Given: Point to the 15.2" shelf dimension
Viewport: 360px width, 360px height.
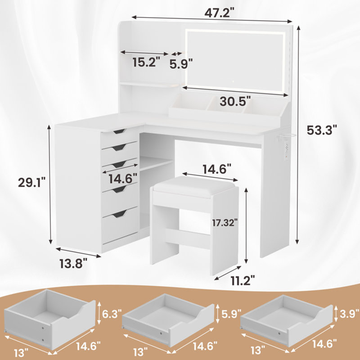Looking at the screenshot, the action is [146, 62].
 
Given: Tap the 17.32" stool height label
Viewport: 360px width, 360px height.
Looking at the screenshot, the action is [225, 223].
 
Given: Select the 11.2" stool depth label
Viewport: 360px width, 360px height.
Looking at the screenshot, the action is [243, 280].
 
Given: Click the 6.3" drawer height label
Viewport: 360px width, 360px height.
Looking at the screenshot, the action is [112, 314].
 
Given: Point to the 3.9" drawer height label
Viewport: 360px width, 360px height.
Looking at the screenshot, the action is [349, 313].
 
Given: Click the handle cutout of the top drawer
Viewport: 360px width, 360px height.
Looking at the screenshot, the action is [119, 131].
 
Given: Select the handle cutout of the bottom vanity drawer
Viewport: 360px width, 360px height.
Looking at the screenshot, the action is [119, 214].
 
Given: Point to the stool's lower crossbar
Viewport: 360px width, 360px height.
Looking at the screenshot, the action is [188, 239].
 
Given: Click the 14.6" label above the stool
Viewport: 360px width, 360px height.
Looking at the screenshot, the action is [217, 169].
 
